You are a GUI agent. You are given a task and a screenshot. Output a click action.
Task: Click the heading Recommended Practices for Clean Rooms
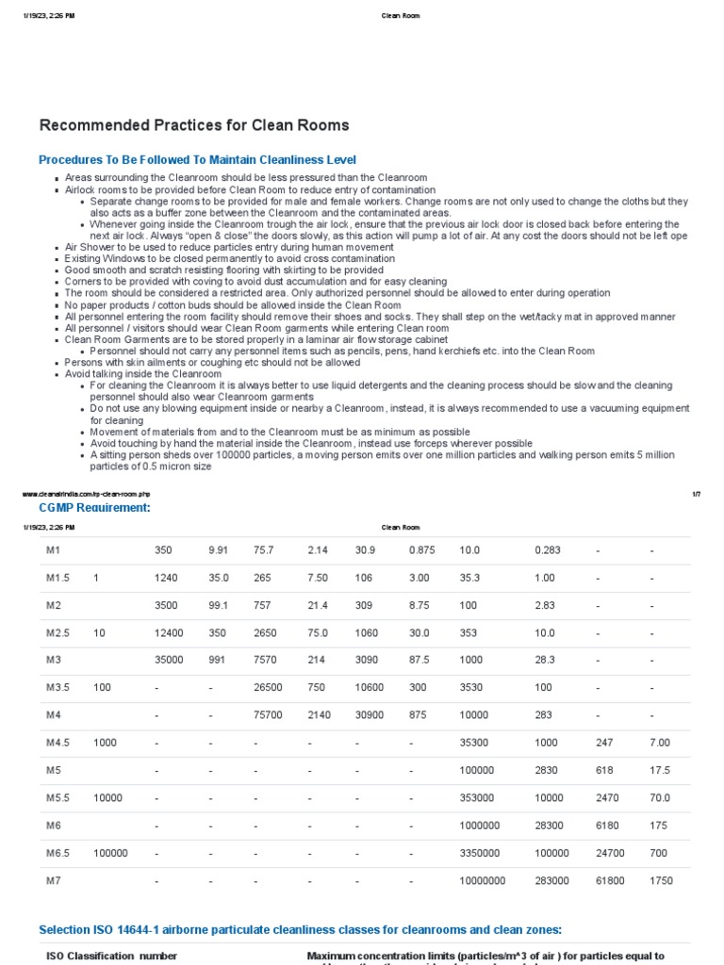pos(193,125)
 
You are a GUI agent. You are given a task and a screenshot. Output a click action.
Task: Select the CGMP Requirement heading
pos(93,508)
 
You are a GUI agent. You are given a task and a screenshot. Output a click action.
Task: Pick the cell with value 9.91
pos(219,550)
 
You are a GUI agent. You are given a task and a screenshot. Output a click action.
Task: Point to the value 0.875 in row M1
pos(421,550)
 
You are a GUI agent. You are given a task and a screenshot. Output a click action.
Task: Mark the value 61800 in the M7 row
pos(610,880)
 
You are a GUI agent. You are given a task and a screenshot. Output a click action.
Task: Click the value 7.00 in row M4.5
pos(660,743)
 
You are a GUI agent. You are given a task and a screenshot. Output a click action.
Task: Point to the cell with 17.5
pos(660,770)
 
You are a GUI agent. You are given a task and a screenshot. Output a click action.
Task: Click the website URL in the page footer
pos(86,494)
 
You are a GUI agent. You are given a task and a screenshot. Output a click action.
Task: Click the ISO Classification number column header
pos(112,956)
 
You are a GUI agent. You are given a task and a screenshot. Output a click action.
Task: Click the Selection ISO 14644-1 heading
pos(300,930)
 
